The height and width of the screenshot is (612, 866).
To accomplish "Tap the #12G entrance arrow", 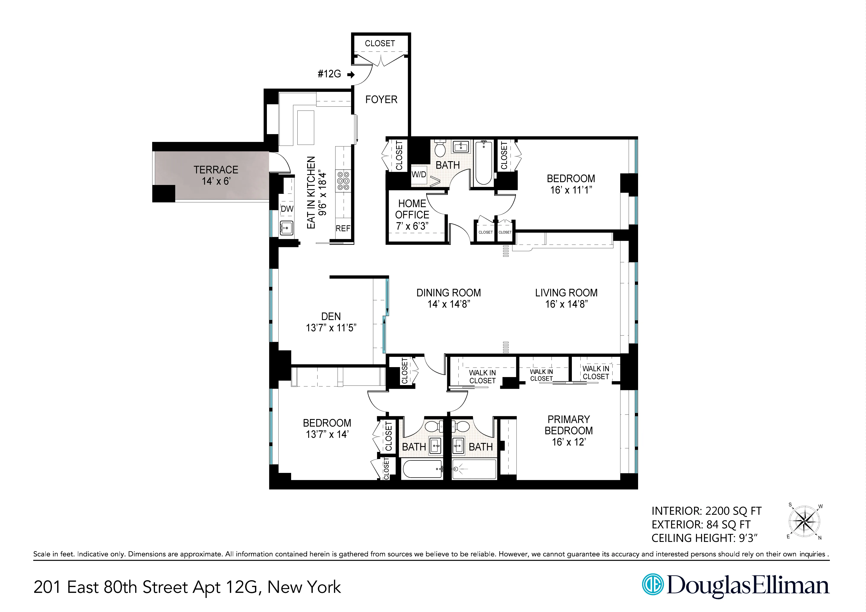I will tap(351, 75).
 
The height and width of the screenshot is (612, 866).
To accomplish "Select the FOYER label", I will tap(381, 100).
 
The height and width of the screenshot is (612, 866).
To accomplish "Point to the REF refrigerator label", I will tap(343, 228).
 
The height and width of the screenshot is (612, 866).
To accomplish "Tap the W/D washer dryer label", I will tap(419, 175).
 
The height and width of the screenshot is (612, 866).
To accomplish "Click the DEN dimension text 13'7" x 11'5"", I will tap(331, 328).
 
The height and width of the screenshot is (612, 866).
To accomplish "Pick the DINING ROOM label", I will tap(448, 293).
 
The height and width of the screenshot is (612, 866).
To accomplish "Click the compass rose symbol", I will tap(805, 522).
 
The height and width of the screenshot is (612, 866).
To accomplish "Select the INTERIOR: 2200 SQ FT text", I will tap(706, 511).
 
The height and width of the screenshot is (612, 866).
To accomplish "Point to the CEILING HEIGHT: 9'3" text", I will tap(704, 538).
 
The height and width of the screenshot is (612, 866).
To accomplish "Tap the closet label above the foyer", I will tap(380, 43).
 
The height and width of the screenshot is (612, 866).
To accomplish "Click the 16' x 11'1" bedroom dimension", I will tap(571, 190).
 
